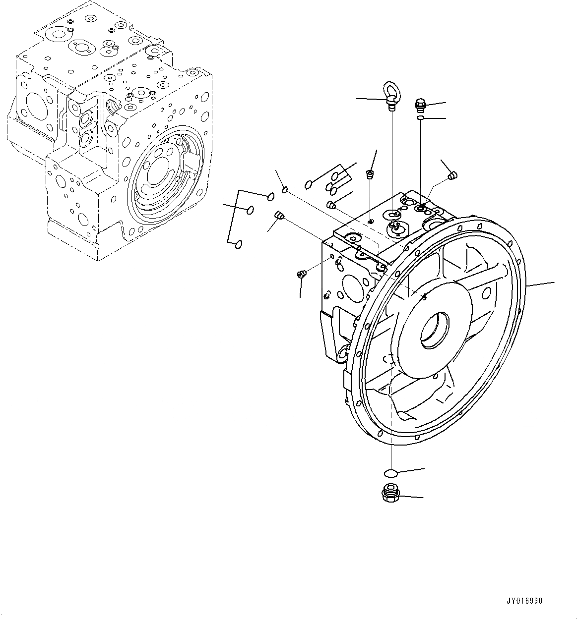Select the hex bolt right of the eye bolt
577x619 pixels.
419,104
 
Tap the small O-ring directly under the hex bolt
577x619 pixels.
420,118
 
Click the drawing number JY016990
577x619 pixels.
524,601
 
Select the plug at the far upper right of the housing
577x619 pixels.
452,174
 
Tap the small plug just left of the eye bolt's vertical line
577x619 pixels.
369,174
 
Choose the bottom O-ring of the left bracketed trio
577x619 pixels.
239,243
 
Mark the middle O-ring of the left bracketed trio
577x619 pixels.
251,211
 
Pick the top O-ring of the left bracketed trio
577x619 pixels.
270,196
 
